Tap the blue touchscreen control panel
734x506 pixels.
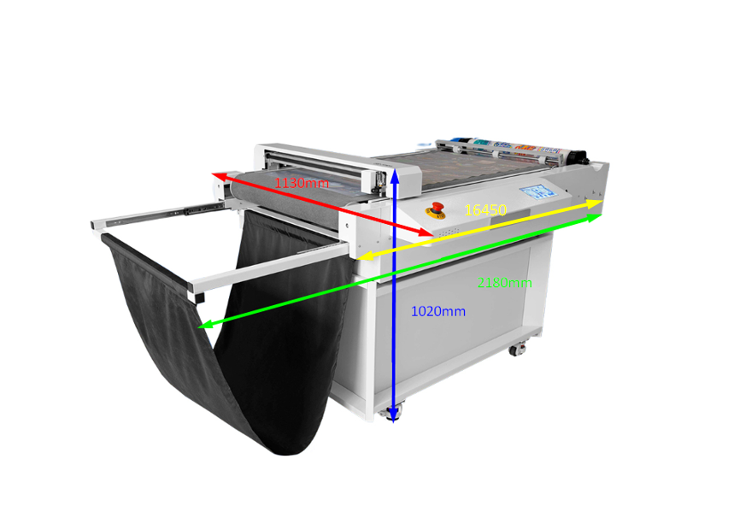[538, 192]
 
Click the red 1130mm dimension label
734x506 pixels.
[302, 183]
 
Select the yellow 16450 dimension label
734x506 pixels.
[485, 210]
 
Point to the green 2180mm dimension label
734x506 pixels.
[505, 282]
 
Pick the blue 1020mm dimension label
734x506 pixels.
[438, 311]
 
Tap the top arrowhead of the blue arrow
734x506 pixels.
[395, 176]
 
